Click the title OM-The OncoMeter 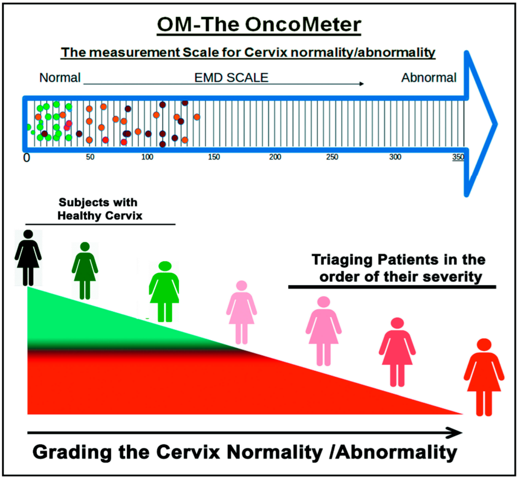click(259, 25)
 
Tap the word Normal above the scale click(60, 78)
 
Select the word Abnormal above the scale click(429, 78)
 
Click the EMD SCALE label click(231, 78)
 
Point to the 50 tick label click(90, 157)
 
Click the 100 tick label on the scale click(147, 157)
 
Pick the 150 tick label click(214, 157)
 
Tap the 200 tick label click(275, 157)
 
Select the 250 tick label click(332, 157)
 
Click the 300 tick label click(395, 157)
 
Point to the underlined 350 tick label click(458, 157)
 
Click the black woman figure click(28, 257)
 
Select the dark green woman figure click(85, 270)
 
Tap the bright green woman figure click(164, 291)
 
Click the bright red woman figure click(484, 377)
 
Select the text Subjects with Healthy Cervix click(100, 209)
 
